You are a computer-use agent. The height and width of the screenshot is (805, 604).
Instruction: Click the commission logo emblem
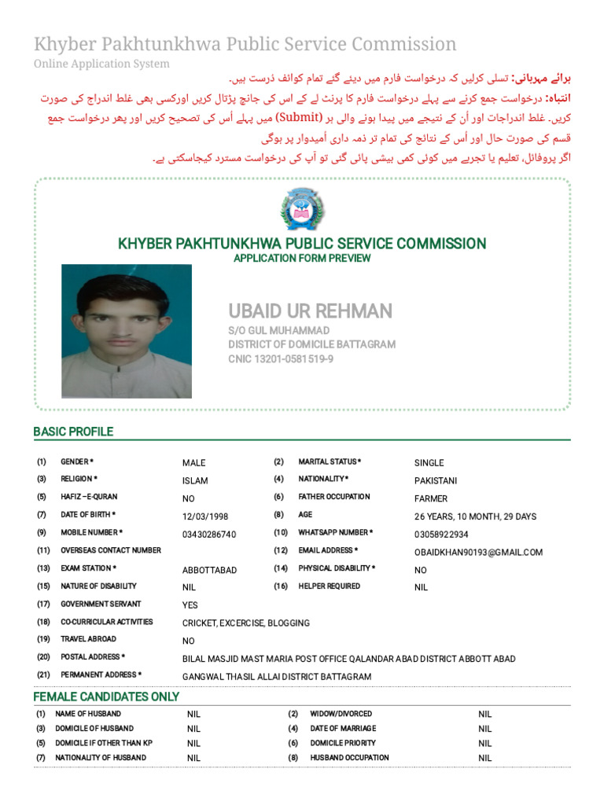(x=302, y=211)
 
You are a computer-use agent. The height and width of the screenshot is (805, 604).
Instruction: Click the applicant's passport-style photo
(x=127, y=331)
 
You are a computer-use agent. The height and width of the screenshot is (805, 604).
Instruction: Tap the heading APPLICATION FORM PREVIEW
(x=302, y=259)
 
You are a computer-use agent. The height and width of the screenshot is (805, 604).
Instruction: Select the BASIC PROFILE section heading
(x=73, y=432)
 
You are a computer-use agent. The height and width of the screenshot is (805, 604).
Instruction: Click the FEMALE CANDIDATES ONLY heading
(x=106, y=697)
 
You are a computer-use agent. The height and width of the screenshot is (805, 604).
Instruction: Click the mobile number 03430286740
(x=209, y=535)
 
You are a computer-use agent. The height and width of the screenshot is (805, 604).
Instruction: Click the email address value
(x=478, y=552)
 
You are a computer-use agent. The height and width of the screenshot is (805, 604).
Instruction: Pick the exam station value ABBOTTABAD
(x=209, y=570)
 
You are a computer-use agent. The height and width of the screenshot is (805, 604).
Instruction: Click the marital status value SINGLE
(x=429, y=463)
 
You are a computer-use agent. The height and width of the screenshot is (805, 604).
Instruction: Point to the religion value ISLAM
(x=195, y=480)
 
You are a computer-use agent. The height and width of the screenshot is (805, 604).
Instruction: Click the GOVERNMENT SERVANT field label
(x=101, y=605)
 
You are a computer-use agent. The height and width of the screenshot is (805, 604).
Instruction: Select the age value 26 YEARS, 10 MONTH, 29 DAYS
(x=475, y=516)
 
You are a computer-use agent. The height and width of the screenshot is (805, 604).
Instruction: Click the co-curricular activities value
(x=246, y=623)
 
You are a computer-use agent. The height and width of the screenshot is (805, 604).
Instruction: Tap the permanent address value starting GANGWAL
(x=277, y=676)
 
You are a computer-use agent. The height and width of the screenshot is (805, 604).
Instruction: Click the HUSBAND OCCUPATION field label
(x=349, y=758)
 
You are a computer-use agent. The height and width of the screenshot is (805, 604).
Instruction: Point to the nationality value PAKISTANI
(x=436, y=480)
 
